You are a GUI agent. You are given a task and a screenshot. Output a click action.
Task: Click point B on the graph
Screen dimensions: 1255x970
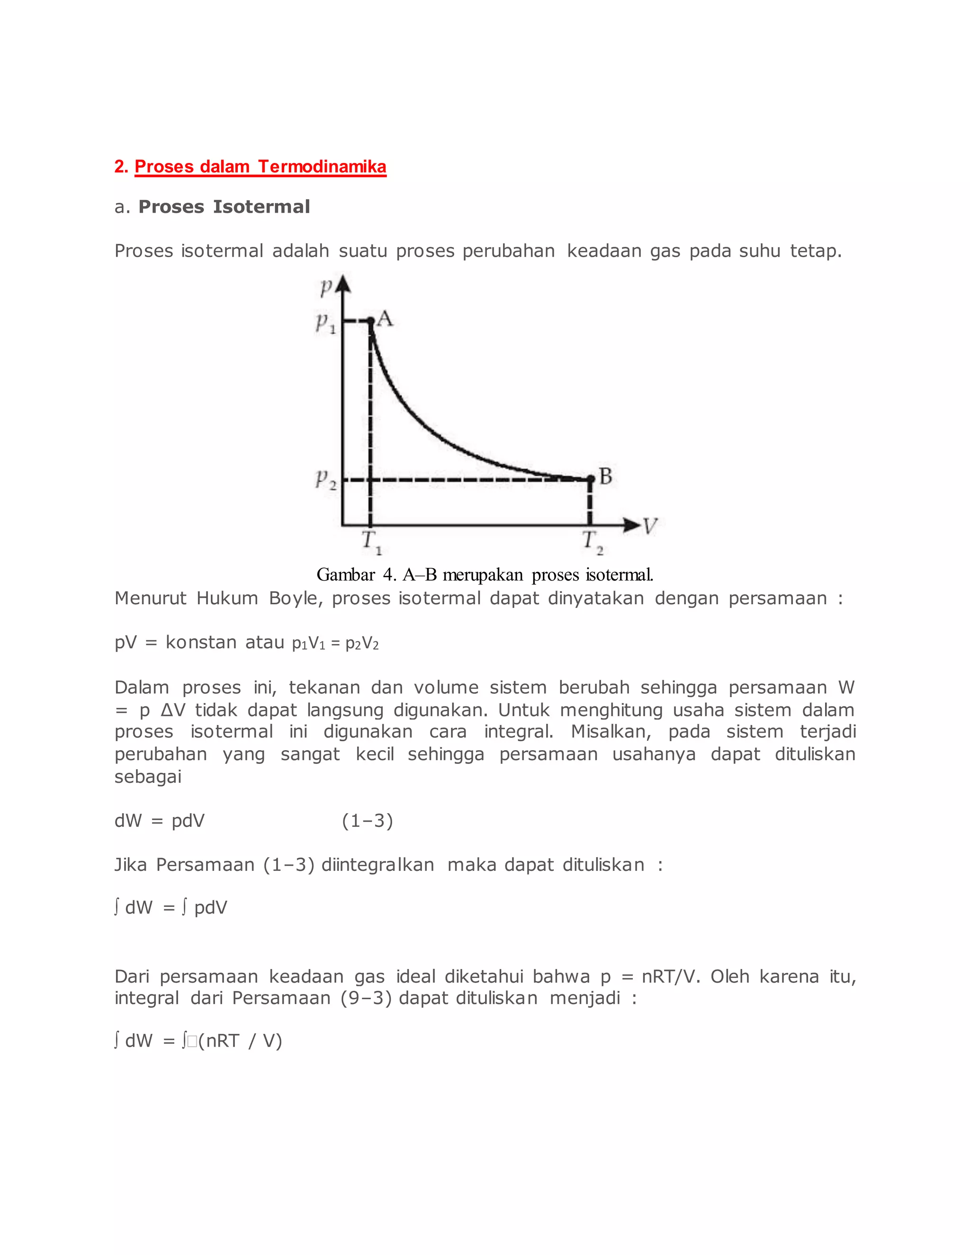pos(590,479)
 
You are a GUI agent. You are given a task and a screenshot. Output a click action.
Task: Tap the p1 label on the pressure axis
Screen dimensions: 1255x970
pos(324,323)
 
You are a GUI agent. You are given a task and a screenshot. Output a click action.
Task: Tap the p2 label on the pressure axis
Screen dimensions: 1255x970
pos(324,479)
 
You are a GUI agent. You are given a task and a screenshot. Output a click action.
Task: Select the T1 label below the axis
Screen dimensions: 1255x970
pos(371,542)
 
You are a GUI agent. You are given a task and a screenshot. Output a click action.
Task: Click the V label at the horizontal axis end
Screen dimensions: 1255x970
pos(649,526)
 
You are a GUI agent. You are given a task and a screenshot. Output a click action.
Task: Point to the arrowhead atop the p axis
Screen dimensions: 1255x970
pos(343,283)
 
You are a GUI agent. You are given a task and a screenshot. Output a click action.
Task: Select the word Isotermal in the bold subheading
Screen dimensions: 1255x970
pos(261,207)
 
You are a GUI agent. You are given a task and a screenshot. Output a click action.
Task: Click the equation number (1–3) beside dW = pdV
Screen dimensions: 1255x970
pos(367,821)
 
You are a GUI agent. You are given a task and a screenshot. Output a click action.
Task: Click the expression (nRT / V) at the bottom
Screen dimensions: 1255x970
pos(240,1040)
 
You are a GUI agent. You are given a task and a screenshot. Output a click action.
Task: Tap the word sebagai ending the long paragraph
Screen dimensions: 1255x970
pos(148,777)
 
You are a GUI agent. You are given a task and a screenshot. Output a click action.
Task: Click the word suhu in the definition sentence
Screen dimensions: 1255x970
pos(760,251)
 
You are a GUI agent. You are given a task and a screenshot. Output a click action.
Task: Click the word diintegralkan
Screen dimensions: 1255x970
pos(377,865)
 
